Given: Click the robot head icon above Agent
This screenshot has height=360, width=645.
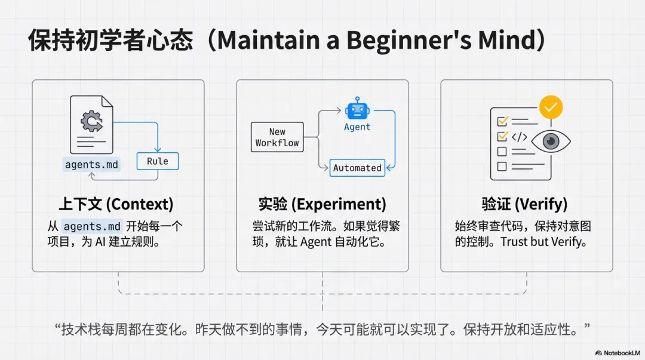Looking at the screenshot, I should (x=357, y=109).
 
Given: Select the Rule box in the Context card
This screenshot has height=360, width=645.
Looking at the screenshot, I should (x=157, y=161).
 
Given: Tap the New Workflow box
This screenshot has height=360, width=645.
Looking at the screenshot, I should (x=277, y=137).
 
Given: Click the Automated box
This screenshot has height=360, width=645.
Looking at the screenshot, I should (x=357, y=168).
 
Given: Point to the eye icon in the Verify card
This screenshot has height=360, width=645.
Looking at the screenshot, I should (x=550, y=141).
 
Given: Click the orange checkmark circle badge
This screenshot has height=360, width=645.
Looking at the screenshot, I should (x=551, y=107).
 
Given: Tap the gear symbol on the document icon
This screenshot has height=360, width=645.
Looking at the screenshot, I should (x=91, y=122).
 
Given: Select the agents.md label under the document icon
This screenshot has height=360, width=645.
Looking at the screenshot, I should (x=91, y=164).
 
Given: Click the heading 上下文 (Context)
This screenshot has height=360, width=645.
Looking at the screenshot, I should (x=116, y=204).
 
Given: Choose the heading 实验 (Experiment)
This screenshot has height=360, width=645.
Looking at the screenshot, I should (x=322, y=204).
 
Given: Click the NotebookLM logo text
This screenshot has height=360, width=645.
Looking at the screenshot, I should (x=621, y=353).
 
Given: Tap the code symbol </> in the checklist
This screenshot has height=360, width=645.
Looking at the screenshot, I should (x=519, y=137).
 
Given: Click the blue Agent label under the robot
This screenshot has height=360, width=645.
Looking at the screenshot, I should (x=357, y=127).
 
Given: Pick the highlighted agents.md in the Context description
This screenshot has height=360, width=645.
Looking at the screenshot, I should (x=92, y=226).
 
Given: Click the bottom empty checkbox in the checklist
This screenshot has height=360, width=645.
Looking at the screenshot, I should (x=502, y=167).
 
